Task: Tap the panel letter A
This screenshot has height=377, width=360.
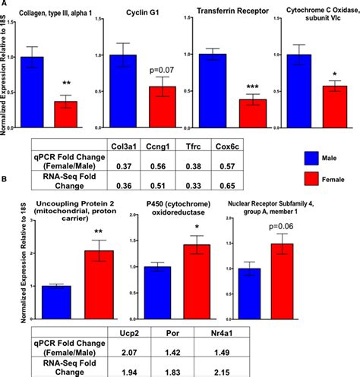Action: coord(5,5)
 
